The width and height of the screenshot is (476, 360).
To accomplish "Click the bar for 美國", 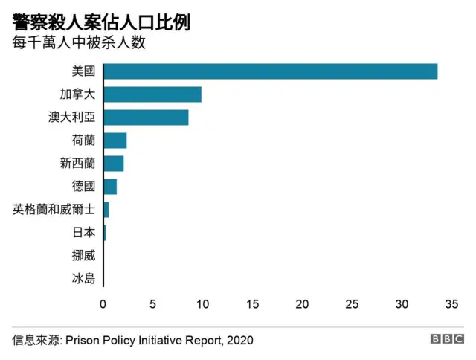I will (x=270, y=71).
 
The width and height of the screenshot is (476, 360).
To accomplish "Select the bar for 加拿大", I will (x=152, y=94).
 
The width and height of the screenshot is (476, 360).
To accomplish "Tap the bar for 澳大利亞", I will (x=146, y=118).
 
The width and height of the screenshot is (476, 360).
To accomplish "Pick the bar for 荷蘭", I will (x=115, y=141).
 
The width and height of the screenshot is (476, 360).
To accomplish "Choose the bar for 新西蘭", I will (x=114, y=164).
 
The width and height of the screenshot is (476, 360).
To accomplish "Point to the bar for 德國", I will (x=110, y=187).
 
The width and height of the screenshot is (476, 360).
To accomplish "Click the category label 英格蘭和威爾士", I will (x=54, y=210).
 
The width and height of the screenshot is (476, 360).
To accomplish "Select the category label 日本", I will (x=84, y=233).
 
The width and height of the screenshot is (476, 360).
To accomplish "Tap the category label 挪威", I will (x=84, y=256).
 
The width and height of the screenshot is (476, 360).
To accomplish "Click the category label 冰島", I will (x=84, y=279).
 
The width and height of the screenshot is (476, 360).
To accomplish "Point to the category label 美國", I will (x=84, y=72).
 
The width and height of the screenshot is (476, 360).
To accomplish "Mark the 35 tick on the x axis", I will (x=451, y=304).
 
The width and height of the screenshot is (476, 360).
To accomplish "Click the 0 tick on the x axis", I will (x=103, y=304).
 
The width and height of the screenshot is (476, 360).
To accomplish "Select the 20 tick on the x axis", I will (x=302, y=304).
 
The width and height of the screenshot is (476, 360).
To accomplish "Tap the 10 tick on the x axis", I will (x=202, y=304).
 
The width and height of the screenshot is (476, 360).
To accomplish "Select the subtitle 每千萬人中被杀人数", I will (x=78, y=42).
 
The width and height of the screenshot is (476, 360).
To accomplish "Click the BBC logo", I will (x=446, y=339).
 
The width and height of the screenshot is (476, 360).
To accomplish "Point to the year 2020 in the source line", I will (x=239, y=340).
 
